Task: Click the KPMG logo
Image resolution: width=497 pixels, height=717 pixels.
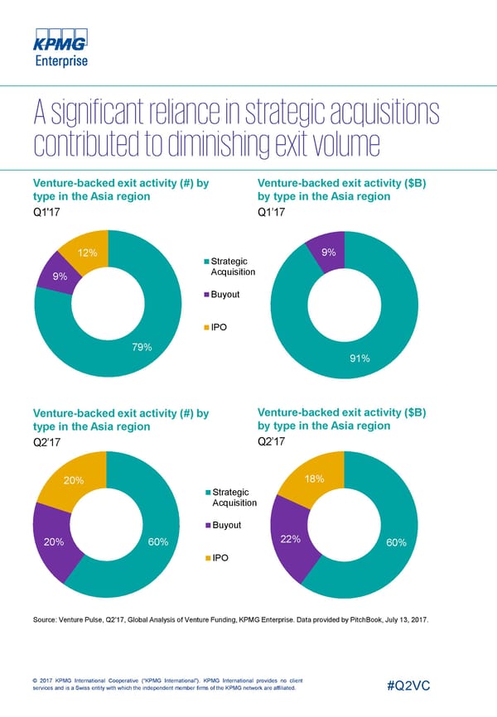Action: (x=60, y=41)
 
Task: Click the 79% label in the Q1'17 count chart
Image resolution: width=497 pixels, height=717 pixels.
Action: (x=142, y=347)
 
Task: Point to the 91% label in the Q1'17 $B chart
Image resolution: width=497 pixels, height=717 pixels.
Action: (x=359, y=358)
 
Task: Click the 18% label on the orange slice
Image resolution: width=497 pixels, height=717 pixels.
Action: (x=315, y=480)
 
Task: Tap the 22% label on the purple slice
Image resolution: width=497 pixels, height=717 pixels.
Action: (x=290, y=539)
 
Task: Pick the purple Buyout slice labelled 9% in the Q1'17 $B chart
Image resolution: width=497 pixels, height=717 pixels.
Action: (x=327, y=252)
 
